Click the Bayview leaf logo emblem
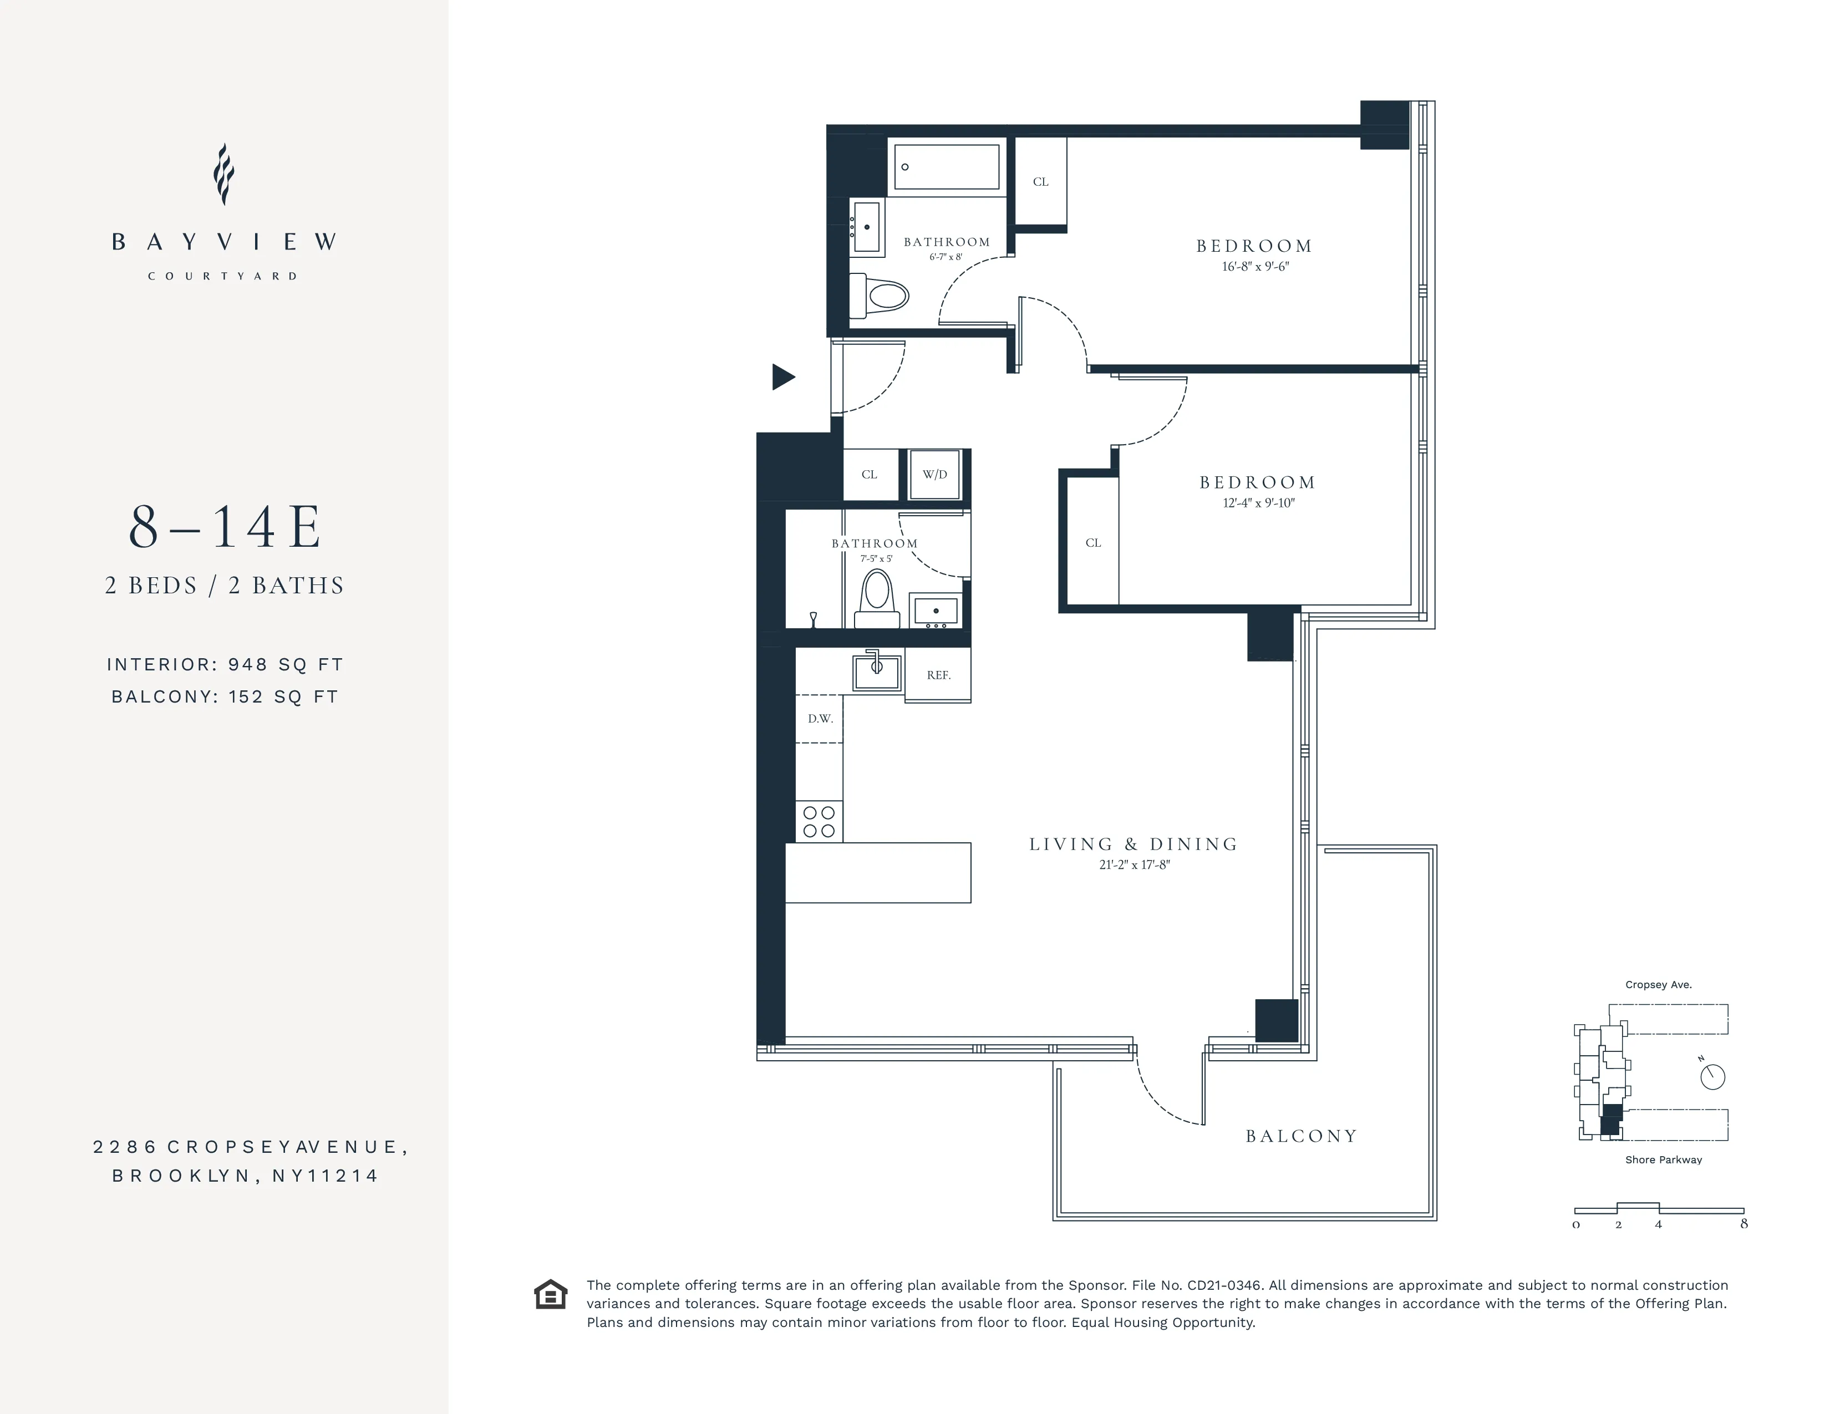pyautogui.click(x=223, y=174)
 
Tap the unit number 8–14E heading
pyautogui.click(x=225, y=528)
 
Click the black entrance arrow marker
pyautogui.click(x=782, y=377)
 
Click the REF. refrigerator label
pyautogui.click(x=938, y=675)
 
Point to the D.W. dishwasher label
pyautogui.click(x=820, y=719)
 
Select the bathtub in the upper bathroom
pyautogui.click(x=947, y=167)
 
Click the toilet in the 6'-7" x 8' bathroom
pyautogui.click(x=882, y=296)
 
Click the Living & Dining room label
pyautogui.click(x=1133, y=845)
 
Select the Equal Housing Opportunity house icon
pyautogui.click(x=551, y=1294)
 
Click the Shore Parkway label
pyautogui.click(x=1663, y=1160)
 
